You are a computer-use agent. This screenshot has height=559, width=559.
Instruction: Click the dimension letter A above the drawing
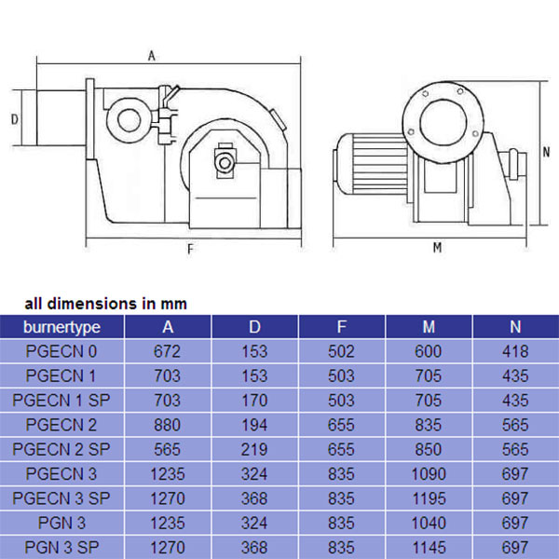click(x=152, y=56)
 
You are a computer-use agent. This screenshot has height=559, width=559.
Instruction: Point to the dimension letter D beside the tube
click(x=15, y=119)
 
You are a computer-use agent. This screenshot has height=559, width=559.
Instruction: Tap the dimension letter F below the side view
click(x=190, y=249)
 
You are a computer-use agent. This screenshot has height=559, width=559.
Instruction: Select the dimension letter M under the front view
click(x=438, y=247)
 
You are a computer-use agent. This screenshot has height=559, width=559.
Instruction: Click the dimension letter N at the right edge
click(x=546, y=152)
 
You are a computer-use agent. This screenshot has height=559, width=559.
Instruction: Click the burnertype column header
click(x=61, y=327)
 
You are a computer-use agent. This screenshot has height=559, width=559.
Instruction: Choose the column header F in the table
click(x=342, y=327)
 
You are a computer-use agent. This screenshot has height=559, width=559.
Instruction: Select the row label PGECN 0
click(x=61, y=351)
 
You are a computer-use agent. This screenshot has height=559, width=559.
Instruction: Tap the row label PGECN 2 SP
click(x=61, y=449)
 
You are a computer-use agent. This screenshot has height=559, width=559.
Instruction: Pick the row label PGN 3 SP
click(x=61, y=547)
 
